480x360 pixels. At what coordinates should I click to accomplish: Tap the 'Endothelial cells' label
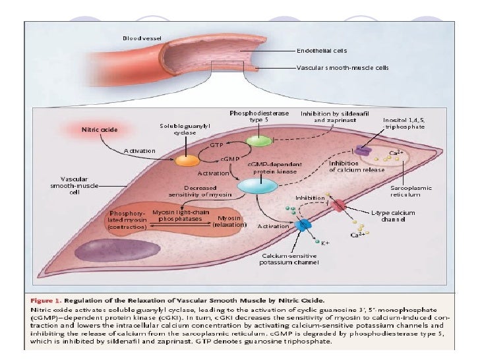tap(322, 49)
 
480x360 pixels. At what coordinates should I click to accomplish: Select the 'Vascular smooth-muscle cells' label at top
tap(342, 67)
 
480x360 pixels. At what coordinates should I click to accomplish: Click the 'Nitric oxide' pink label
tap(100, 129)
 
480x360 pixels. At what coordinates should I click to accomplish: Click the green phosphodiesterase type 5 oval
tap(258, 140)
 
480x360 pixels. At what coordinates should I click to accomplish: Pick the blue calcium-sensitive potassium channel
tap(303, 225)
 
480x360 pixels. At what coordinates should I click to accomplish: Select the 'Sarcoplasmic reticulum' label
tap(411, 191)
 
